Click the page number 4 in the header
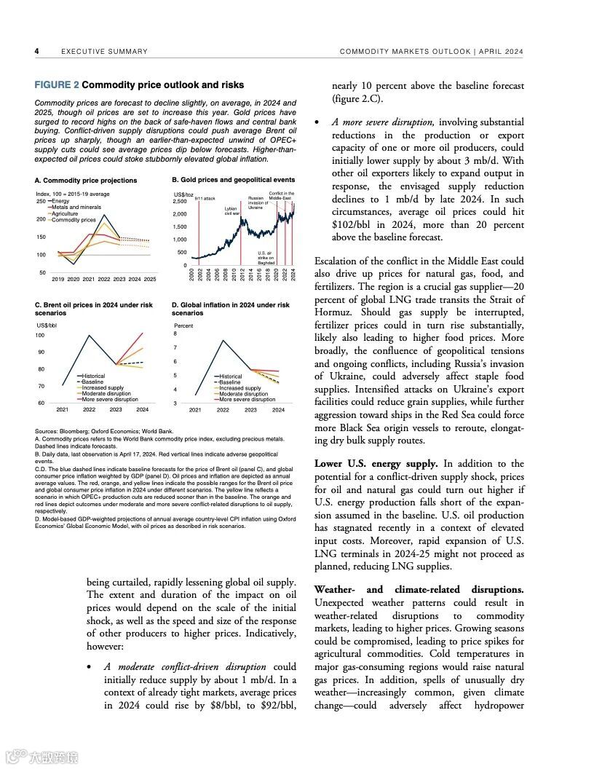(36, 51)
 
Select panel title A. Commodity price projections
(86, 180)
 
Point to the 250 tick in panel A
(41, 201)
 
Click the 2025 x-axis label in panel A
(149, 279)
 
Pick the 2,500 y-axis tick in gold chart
(180, 201)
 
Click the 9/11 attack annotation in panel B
(205, 198)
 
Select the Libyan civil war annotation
(231, 211)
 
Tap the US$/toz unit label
(183, 194)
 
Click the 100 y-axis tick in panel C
(40, 336)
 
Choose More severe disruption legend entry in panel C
(109, 399)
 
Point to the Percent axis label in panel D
(183, 326)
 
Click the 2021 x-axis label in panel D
(195, 410)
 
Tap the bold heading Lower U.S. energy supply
(376, 463)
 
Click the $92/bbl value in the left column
(278, 705)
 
